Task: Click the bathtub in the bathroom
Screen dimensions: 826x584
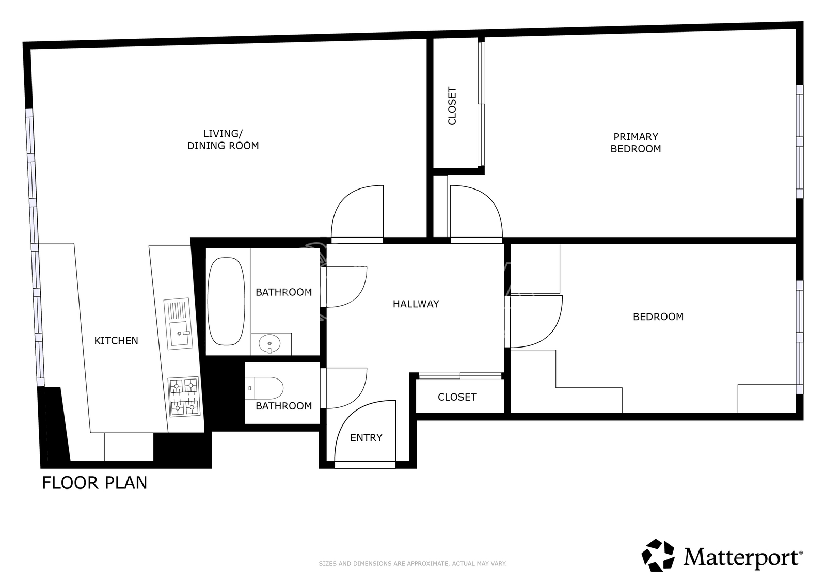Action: click(x=226, y=302)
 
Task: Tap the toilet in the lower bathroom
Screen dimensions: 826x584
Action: click(x=264, y=388)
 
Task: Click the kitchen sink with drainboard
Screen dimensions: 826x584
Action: click(x=179, y=324)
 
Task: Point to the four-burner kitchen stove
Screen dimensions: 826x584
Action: click(x=184, y=397)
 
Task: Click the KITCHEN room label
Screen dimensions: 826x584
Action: click(x=116, y=340)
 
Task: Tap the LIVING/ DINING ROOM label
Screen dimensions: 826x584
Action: click(x=223, y=139)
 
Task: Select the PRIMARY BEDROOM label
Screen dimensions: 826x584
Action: click(x=636, y=143)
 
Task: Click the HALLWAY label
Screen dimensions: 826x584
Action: click(x=416, y=304)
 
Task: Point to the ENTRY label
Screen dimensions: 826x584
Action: click(x=366, y=437)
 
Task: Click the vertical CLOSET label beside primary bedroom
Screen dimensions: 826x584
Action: click(x=452, y=106)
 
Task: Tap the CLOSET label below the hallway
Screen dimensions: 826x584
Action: click(x=457, y=397)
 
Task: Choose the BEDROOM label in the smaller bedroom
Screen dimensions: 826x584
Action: click(x=658, y=317)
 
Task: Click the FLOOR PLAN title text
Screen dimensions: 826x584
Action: click(x=94, y=483)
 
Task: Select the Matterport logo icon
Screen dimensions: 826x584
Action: click(x=658, y=555)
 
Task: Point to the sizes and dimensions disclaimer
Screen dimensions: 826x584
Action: click(x=412, y=564)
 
